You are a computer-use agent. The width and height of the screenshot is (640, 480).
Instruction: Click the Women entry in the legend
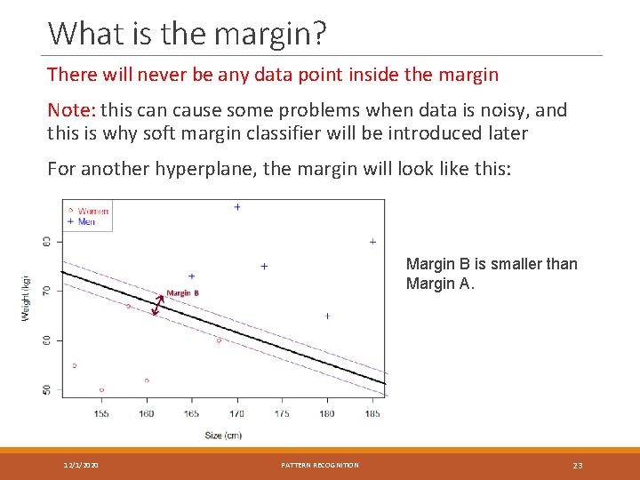coord(92,212)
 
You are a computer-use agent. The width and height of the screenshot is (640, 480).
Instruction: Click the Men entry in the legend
coord(86,221)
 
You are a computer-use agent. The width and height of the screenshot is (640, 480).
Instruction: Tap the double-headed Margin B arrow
coord(158,305)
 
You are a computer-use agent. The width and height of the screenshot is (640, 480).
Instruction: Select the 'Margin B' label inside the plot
coord(182,293)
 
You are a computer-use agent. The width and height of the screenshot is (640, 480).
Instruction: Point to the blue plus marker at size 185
coord(372,242)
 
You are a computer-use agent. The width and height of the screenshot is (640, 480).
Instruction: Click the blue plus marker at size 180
coord(327,316)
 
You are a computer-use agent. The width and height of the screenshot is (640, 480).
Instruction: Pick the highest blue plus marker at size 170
coord(237,207)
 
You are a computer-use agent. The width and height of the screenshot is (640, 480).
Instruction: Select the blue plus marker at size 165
coord(191,276)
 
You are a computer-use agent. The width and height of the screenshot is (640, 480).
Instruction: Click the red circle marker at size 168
coord(219,340)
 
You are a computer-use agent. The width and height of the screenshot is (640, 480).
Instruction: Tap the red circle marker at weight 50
coord(101,389)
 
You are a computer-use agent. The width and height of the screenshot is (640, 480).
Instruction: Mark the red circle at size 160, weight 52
coord(147,380)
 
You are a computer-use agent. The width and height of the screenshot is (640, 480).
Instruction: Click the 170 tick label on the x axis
coord(236,413)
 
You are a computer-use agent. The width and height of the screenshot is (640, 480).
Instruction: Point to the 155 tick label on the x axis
coord(101,413)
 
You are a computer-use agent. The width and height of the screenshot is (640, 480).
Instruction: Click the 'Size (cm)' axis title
coord(222,436)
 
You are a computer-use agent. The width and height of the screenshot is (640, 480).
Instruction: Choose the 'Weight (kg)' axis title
coord(26,298)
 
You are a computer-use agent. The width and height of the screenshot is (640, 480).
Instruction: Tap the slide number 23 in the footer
coord(577,466)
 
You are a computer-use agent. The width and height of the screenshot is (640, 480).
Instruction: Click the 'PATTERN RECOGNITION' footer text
coord(320,466)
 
